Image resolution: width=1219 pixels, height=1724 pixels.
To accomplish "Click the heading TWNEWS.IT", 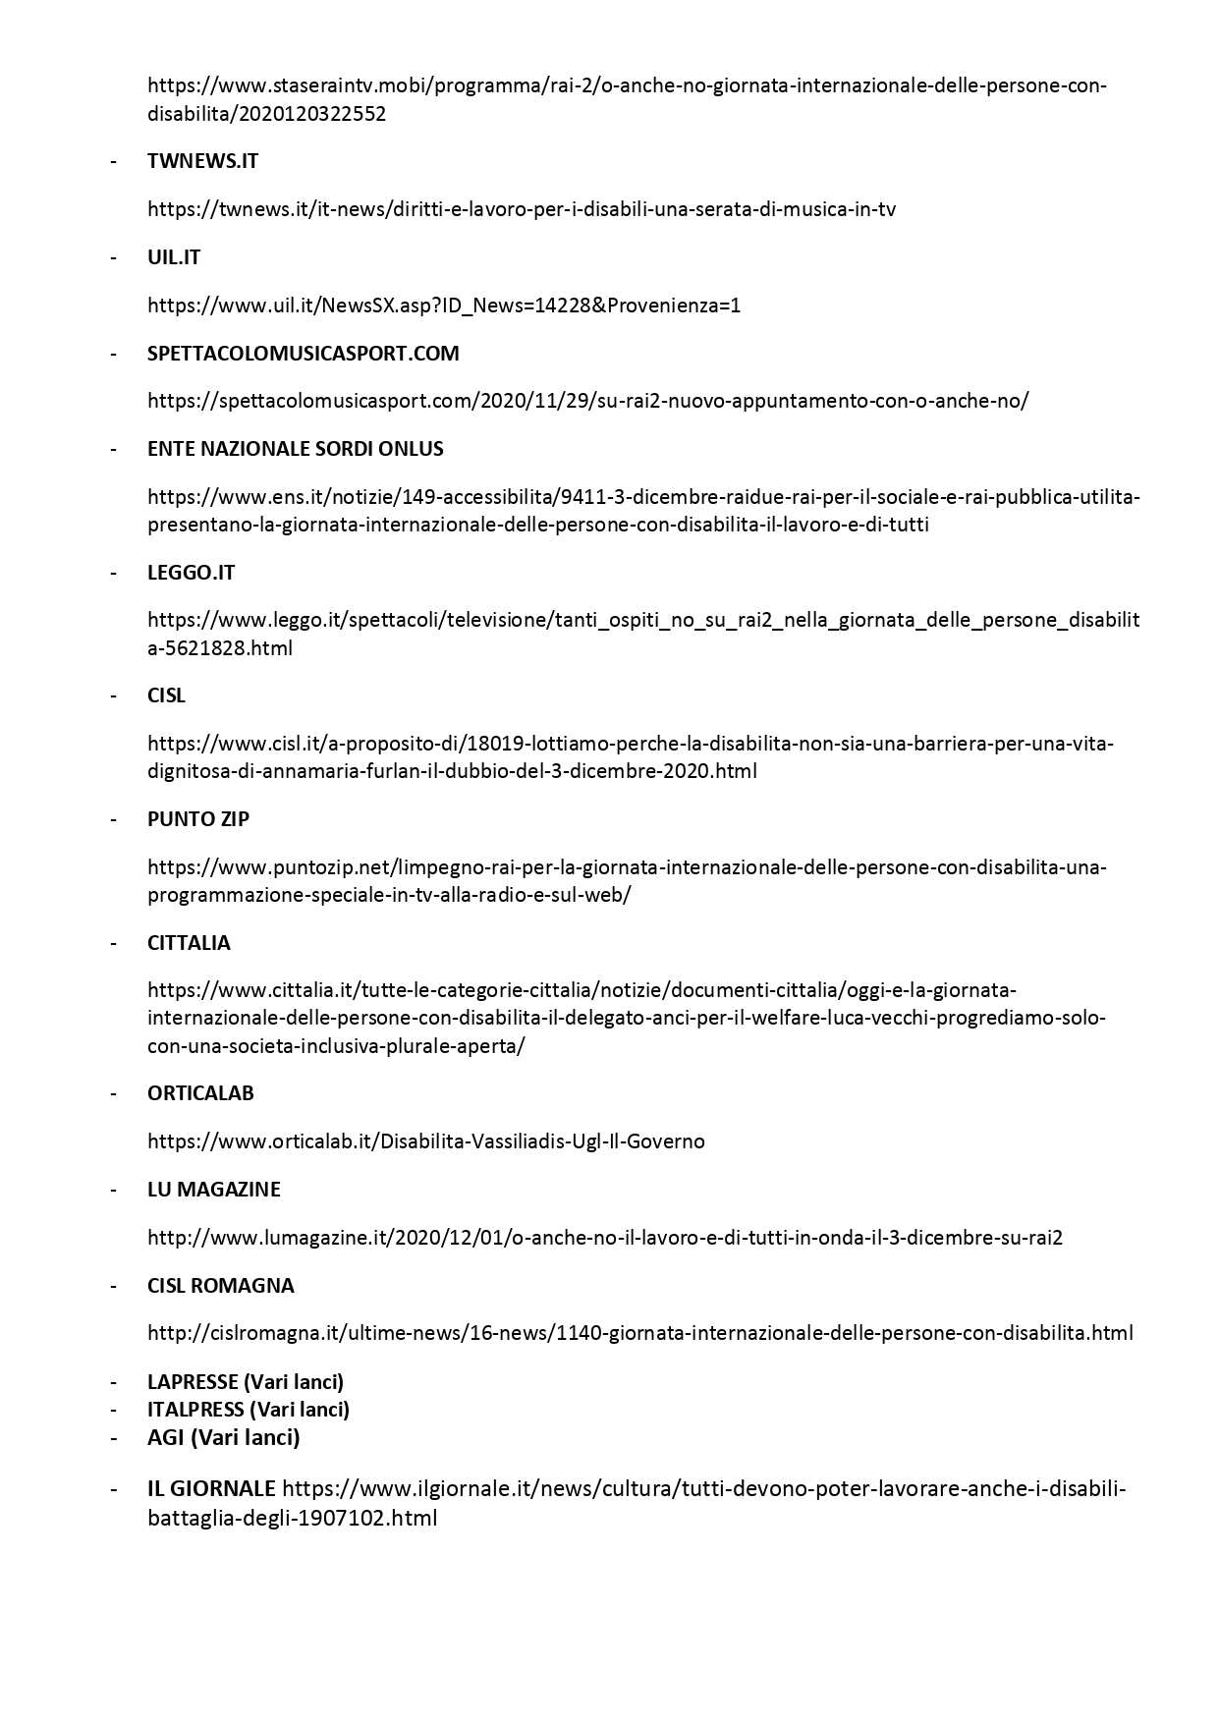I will point(202,161).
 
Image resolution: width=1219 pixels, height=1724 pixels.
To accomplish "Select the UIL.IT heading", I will point(174,257).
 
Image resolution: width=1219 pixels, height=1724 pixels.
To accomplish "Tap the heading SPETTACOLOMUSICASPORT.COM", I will point(303,354).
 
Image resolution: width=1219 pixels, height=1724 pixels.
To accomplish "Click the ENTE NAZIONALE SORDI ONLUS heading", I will point(295,449).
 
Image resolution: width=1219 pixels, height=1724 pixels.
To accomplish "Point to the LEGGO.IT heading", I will point(191,573).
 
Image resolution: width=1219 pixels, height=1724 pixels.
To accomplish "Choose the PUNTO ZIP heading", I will point(197,819).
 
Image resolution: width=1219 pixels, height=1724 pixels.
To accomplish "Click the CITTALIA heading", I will point(189,943).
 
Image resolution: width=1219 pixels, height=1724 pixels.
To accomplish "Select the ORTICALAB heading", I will point(200,1093).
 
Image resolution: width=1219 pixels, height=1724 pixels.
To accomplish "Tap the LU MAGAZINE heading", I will point(213,1190).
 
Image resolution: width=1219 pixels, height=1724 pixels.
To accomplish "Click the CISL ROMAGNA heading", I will point(220,1286).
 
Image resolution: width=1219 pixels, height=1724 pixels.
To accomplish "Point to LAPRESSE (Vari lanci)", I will point(246,1382).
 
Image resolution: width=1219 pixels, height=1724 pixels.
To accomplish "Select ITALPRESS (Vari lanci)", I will point(249,1410).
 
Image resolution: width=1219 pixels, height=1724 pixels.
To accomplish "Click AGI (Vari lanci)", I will point(223,1438).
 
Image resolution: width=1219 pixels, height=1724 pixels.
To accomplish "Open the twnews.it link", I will point(521,209).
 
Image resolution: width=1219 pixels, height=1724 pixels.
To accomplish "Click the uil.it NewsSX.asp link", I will point(444,306).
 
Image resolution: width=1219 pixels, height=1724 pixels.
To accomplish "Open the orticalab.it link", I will point(425,1141).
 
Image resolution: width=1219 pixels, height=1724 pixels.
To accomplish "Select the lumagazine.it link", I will point(604,1238).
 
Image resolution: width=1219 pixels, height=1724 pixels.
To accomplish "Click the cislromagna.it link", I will point(639,1333).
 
